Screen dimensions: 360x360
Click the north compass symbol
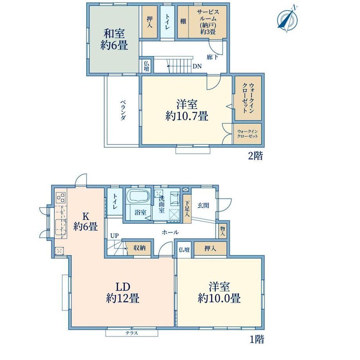[x=288, y=19]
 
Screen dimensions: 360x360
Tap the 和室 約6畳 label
[x=114, y=40]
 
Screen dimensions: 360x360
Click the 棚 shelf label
[x=183, y=22]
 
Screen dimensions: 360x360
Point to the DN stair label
[x=197, y=67]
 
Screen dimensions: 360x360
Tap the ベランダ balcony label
[x=123, y=110]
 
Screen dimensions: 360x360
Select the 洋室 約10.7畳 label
[x=187, y=110]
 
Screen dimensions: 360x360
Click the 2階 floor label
[x=255, y=156]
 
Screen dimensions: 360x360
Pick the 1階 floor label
[x=257, y=339]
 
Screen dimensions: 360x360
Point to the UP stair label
[x=114, y=236]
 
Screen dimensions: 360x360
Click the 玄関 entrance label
[x=203, y=205]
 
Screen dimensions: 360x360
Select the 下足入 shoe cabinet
[x=187, y=209]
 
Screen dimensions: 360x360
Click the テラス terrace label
[x=131, y=333]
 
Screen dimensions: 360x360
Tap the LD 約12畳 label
[x=122, y=293]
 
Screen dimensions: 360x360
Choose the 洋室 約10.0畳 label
[x=219, y=293]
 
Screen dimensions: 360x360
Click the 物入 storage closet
[x=222, y=231]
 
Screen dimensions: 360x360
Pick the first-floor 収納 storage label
[x=140, y=248]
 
